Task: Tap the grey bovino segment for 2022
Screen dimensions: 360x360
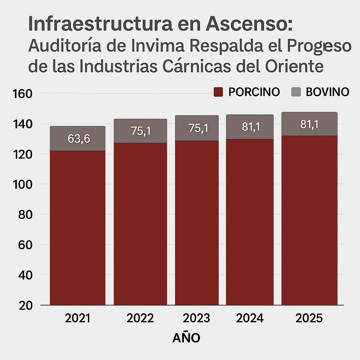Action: [140, 131]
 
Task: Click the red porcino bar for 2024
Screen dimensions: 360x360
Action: [250, 221]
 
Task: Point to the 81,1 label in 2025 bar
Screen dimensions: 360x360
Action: [309, 124]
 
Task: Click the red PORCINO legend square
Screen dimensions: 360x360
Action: [219, 92]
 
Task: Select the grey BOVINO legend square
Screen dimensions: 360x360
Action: [296, 92]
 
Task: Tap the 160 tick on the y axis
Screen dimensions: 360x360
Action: [22, 94]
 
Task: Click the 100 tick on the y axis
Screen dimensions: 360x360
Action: [22, 185]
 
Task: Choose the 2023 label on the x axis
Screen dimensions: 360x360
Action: [197, 318]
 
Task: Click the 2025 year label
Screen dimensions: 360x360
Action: [309, 318]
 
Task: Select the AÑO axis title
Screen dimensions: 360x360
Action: [186, 338]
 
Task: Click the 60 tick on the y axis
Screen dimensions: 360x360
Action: [24, 245]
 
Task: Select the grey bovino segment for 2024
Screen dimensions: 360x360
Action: [250, 127]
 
